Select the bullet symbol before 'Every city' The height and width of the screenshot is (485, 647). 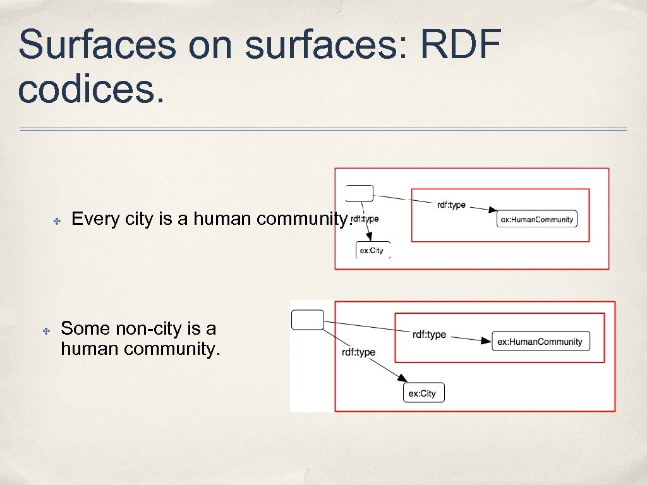(56, 221)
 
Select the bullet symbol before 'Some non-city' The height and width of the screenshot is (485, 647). (45, 330)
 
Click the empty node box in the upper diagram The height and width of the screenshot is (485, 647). (360, 193)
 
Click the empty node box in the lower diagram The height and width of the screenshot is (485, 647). (308, 320)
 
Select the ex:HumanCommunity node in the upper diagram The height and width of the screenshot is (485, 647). (536, 219)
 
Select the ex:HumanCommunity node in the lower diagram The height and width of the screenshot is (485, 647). (540, 342)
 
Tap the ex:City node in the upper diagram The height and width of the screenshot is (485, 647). (373, 250)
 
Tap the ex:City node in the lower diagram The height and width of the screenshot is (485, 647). (423, 393)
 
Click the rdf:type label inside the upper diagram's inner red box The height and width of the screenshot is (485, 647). (451, 205)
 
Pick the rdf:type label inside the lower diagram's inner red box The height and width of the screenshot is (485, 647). (429, 335)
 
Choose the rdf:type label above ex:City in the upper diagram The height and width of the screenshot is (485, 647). (364, 219)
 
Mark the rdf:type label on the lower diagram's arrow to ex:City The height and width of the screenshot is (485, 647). (358, 352)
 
